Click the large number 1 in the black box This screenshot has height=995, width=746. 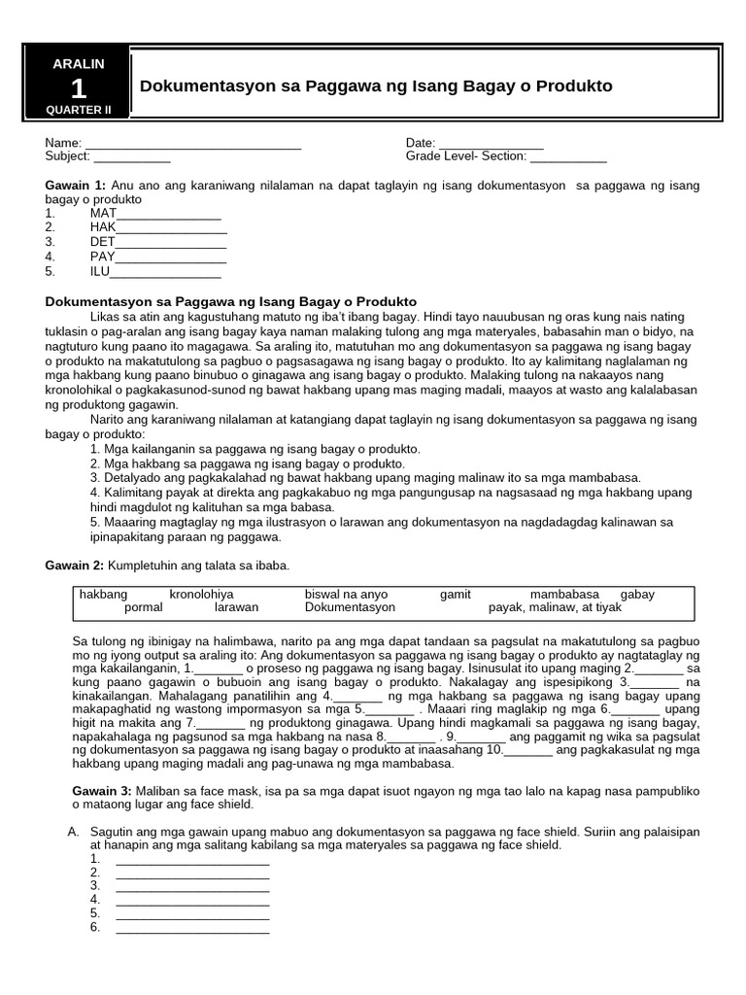pos(79,88)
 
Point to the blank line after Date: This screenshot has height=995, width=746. pos(491,145)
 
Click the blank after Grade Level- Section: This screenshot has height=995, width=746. pos(568,157)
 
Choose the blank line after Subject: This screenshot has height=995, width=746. pos(132,157)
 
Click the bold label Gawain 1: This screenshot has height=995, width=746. pos(75,185)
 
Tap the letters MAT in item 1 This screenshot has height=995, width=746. pos(103,213)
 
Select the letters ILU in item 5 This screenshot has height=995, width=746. pos(100,271)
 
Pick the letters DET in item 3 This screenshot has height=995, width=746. pos(102,242)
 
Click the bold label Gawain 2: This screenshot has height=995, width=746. pos(76,566)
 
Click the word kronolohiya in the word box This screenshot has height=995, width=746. pos(201,594)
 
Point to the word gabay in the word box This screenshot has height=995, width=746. pos(637,594)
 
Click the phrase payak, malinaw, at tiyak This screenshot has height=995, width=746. pos(555,607)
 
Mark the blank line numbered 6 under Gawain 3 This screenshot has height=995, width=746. pos(191,928)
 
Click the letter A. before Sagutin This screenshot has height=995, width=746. pos(73,833)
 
